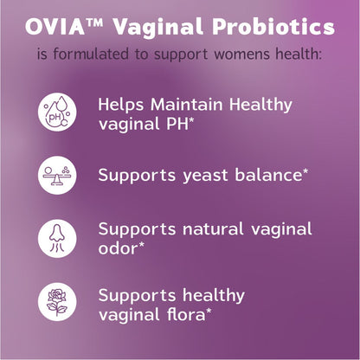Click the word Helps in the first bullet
click(x=120, y=104)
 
